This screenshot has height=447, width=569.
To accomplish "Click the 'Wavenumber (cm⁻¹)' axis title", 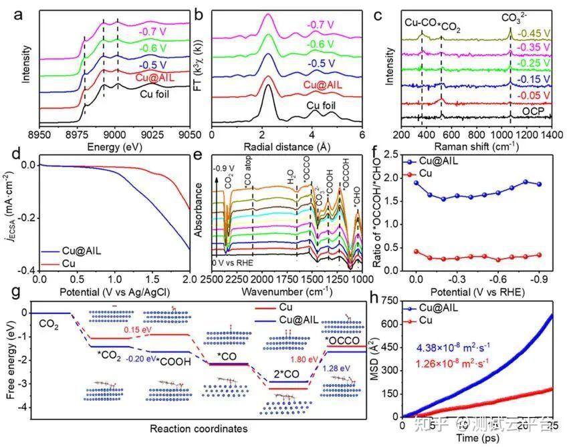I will pyautogui.click(x=291, y=292).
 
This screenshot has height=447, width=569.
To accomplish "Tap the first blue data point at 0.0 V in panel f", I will pyautogui.click(x=416, y=182).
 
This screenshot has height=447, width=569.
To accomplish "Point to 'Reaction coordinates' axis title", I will pyautogui.click(x=189, y=428).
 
